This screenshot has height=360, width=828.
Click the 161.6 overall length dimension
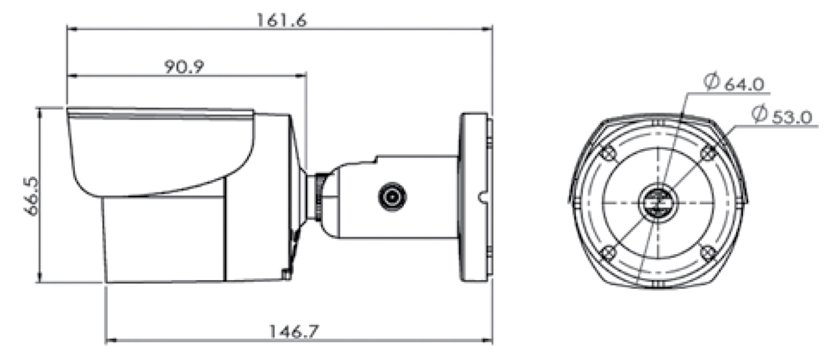tap(282, 20)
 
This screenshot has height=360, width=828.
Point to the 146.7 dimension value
tap(294, 331)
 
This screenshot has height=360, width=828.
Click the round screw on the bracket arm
tap(392, 197)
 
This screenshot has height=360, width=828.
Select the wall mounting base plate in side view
tap(475, 197)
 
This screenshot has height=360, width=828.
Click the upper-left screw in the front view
tap(608, 153)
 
